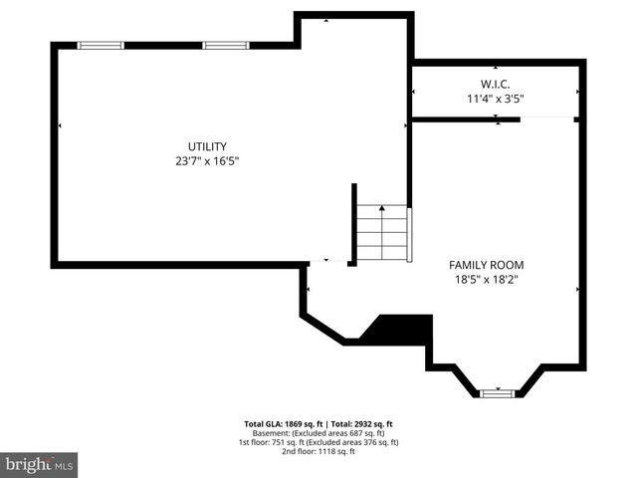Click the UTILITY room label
tap(208, 145)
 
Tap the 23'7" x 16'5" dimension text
tap(208, 160)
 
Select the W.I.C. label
tap(495, 84)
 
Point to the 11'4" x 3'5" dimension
tap(495, 99)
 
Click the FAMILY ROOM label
tap(486, 265)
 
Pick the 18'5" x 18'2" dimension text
tap(486, 280)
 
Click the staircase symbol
tap(382, 233)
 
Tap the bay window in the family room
tap(496, 393)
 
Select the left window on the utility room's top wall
tap(102, 45)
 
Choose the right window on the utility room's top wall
tap(226, 45)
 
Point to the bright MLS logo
tap(39, 464)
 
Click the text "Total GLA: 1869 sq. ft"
tap(279, 423)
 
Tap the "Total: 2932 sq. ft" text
tap(360, 423)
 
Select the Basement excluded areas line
tap(318, 433)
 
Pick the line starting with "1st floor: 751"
tap(318, 442)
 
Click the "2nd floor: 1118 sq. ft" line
tap(318, 451)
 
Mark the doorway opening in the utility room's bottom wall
tap(327, 263)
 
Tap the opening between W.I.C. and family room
tap(548, 119)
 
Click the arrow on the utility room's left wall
tap(60, 125)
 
